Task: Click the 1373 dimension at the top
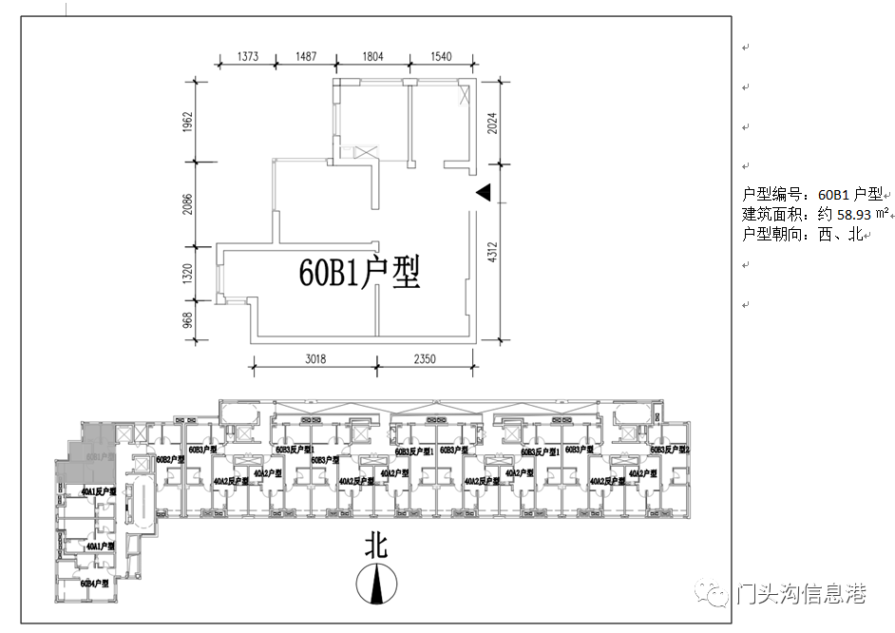click(247, 57)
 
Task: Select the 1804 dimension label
click(372, 57)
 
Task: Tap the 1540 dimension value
click(441, 57)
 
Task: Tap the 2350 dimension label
click(425, 359)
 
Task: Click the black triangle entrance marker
click(483, 193)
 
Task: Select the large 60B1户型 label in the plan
click(359, 274)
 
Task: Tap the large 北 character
click(378, 546)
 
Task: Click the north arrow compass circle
click(378, 584)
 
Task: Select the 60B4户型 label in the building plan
click(95, 583)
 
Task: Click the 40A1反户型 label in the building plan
click(98, 492)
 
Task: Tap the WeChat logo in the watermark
click(715, 594)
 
